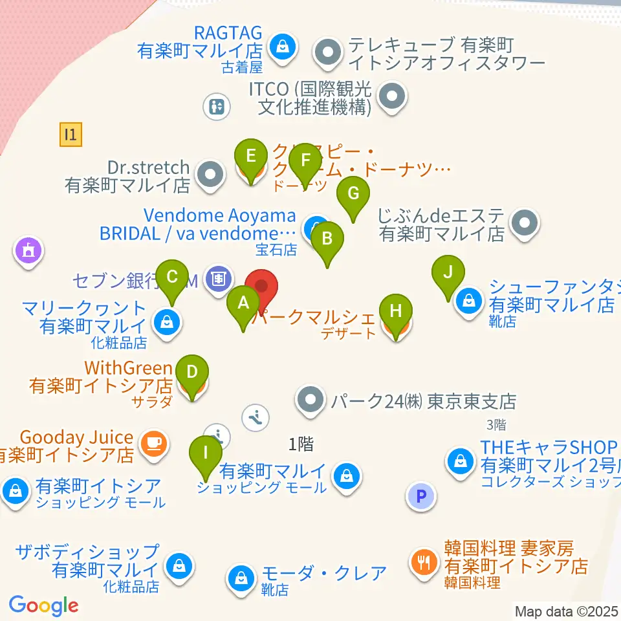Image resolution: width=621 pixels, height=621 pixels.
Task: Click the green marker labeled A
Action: click(x=243, y=303)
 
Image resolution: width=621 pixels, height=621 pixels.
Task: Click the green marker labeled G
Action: click(x=353, y=194)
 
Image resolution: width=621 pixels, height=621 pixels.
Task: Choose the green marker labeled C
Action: click(x=172, y=278)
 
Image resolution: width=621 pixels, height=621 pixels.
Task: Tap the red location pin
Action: click(x=262, y=286)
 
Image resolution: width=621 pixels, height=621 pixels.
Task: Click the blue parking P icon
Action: click(x=421, y=497)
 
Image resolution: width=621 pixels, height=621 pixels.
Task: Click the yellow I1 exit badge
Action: click(x=71, y=135)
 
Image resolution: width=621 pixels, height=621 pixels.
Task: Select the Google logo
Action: click(x=43, y=605)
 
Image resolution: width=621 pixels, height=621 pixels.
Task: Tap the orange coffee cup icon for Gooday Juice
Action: click(x=155, y=444)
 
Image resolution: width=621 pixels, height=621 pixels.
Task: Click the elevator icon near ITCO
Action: click(x=217, y=107)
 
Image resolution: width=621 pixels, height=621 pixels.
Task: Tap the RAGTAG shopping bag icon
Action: click(x=283, y=47)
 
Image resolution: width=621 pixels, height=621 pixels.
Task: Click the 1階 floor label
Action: click(x=301, y=444)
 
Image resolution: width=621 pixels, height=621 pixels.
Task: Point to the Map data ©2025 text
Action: click(x=567, y=611)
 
